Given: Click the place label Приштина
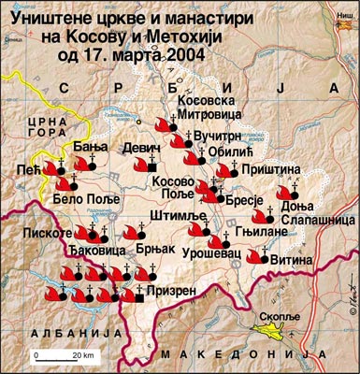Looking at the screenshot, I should pyautogui.click(x=271, y=169).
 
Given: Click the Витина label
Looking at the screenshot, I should pyautogui.click(x=291, y=261).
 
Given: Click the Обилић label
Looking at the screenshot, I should pyautogui.click(x=237, y=152).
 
